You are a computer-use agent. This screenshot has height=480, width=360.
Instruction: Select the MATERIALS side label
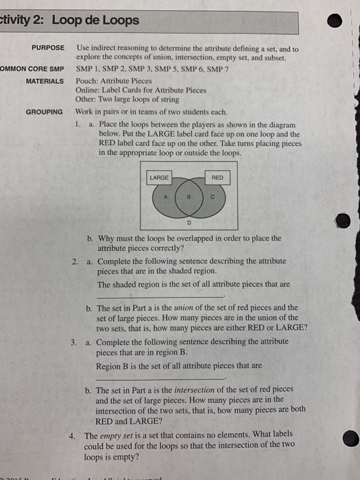tap(45, 81)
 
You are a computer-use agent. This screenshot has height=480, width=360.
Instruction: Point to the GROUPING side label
tap(45, 111)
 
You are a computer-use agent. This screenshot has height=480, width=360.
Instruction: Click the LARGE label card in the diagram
tap(158, 178)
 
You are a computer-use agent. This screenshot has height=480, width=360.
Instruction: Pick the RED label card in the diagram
tap(217, 178)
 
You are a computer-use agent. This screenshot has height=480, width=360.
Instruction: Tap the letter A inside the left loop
tap(165, 197)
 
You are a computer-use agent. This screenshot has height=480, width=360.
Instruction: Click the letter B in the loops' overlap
tap(187, 197)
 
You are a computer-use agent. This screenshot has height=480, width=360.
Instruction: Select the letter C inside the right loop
tap(212, 197)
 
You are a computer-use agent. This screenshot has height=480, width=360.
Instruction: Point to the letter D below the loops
tap(187, 222)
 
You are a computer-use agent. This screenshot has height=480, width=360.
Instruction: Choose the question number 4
tap(73, 435)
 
